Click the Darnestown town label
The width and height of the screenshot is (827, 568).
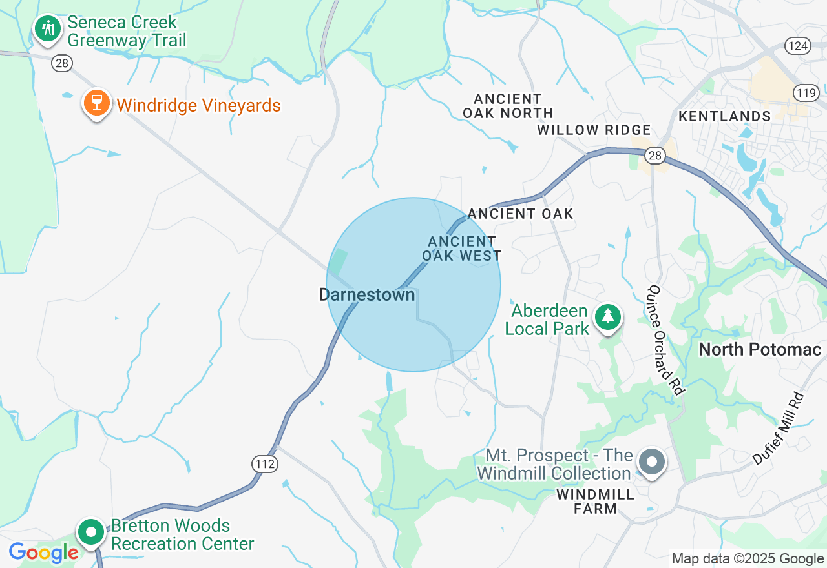367,295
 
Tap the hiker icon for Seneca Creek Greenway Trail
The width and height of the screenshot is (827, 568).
47,28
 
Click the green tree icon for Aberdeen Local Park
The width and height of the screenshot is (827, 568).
607,316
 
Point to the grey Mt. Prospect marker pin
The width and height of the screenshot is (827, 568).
652,462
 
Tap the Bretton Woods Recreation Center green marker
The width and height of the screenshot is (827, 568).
91,532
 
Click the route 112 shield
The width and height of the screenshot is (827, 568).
265,463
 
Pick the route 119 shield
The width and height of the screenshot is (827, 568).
806,93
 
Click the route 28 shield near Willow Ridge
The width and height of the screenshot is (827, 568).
655,156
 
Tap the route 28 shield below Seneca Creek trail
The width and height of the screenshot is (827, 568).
63,63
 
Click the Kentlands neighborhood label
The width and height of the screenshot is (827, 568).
725,117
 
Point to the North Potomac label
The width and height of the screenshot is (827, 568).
760,350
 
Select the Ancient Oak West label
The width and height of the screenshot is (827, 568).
462,249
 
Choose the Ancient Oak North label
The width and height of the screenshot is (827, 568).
508,106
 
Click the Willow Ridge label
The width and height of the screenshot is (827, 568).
594,130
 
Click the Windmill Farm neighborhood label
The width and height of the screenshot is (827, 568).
595,502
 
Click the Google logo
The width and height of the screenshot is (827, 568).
44,553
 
